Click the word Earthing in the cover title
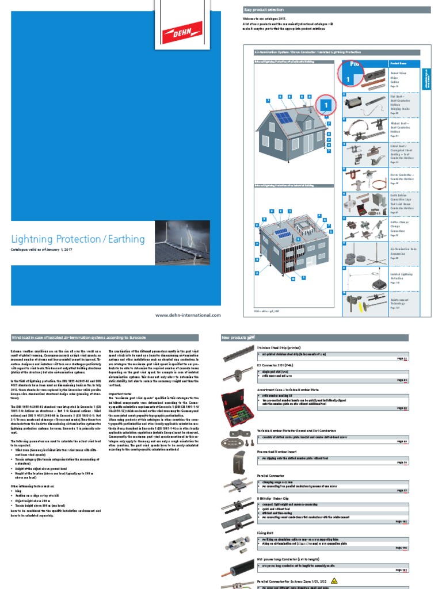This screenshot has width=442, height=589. point(126,239)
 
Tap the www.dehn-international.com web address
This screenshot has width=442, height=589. point(188,315)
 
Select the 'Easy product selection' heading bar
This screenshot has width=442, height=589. point(334,10)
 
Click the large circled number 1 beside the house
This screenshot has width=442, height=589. point(325,106)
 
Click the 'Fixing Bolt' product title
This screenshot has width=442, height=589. point(265,533)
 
